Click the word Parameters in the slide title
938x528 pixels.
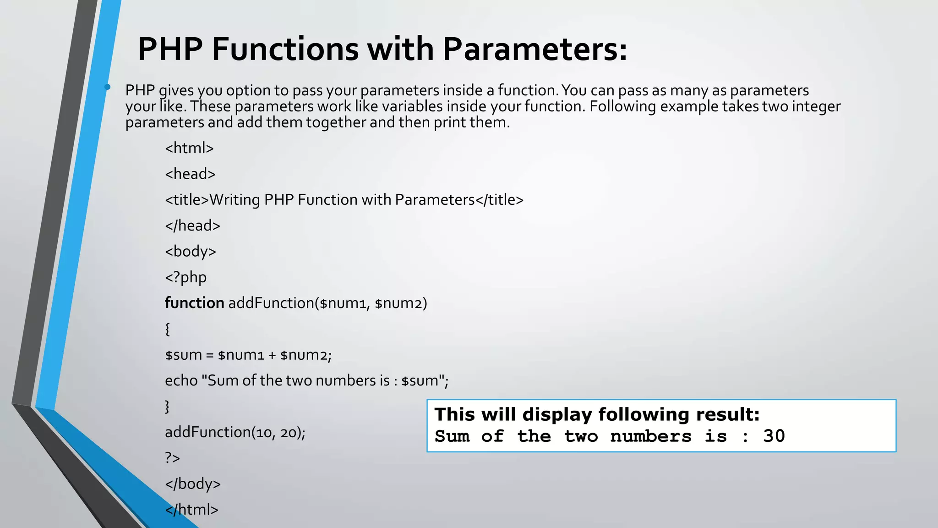[534, 49]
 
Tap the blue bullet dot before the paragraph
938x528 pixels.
[107, 87]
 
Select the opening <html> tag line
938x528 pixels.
[189, 148]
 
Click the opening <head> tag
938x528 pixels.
[190, 174]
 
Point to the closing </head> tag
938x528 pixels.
[192, 225]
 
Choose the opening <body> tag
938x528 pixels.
[190, 252]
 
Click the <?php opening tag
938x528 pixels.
[185, 277]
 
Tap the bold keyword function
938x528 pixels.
[194, 303]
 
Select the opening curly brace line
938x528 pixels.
[168, 329]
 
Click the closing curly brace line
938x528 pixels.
[167, 406]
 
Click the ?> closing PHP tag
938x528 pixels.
[172, 458]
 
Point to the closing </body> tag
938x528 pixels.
[192, 484]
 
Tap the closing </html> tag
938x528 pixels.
[191, 509]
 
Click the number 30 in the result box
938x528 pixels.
[774, 436]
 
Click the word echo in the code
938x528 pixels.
[181, 380]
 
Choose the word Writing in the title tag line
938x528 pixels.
[234, 200]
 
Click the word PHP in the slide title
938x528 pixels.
[170, 49]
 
